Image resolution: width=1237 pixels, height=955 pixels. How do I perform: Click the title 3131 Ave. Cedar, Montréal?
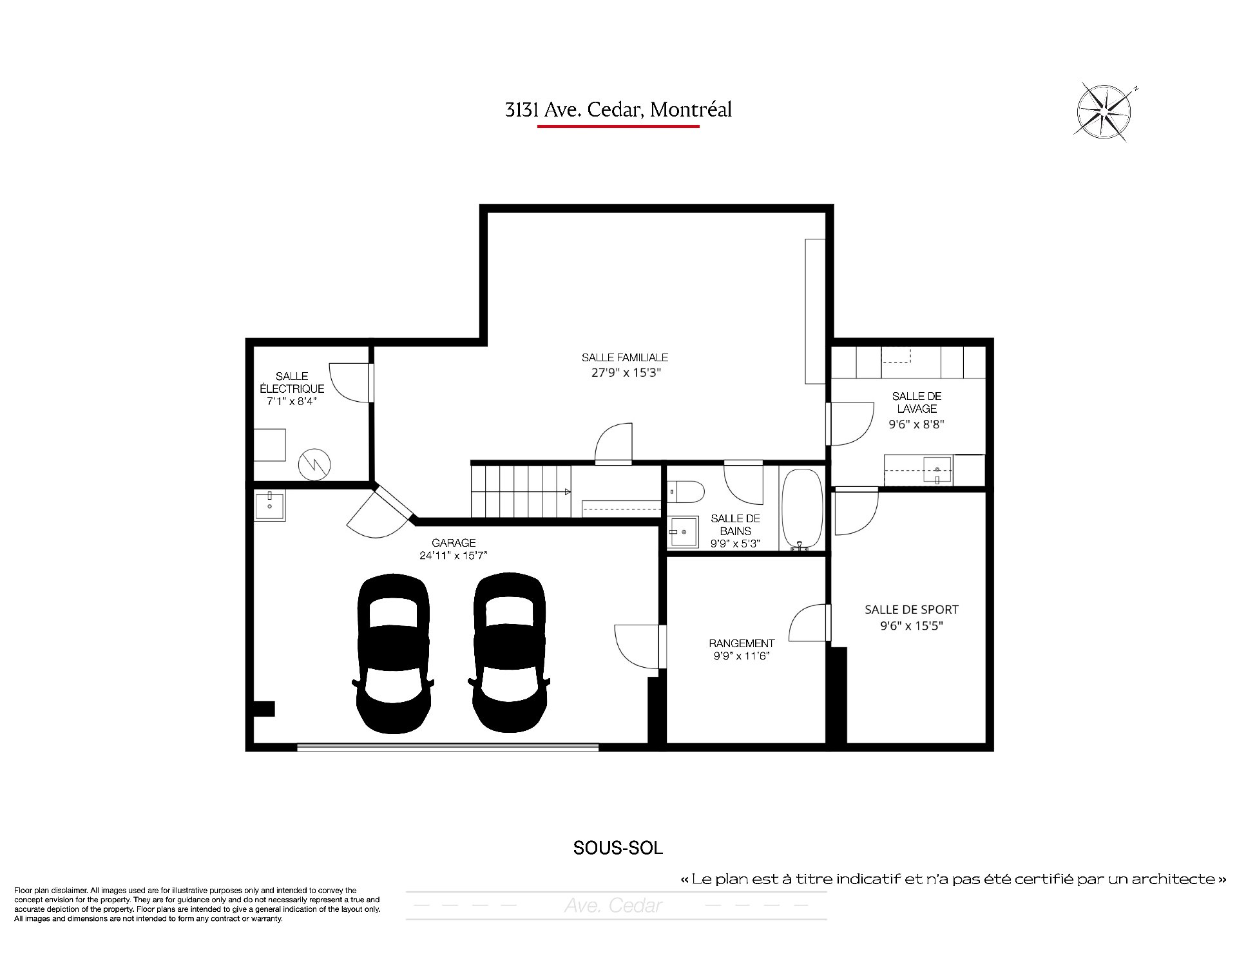click(x=618, y=110)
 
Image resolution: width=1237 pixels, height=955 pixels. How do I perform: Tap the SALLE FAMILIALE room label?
click(x=625, y=357)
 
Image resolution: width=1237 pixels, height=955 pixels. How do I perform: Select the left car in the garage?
click(x=393, y=652)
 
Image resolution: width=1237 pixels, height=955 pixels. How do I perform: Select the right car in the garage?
click(x=509, y=652)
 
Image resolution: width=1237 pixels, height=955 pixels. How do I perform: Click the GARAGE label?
click(x=454, y=543)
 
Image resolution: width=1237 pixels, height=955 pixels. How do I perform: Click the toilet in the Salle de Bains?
click(x=685, y=493)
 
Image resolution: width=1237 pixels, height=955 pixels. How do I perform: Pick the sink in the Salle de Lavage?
click(x=937, y=469)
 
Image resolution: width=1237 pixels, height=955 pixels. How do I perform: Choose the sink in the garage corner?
click(x=269, y=505)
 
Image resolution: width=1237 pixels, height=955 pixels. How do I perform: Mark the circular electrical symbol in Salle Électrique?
click(x=314, y=462)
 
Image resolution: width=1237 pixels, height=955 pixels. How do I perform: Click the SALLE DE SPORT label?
click(x=912, y=609)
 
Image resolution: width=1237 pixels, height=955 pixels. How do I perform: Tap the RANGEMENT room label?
click(x=742, y=643)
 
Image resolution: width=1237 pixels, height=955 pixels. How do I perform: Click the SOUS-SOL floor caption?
click(x=618, y=848)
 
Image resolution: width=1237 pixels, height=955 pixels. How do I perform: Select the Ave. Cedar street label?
click(x=613, y=906)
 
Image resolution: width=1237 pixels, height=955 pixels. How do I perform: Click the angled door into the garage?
click(x=393, y=502)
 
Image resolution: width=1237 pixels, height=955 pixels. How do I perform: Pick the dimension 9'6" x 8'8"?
click(x=916, y=424)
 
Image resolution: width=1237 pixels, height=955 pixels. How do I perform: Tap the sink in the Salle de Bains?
click(x=683, y=532)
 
